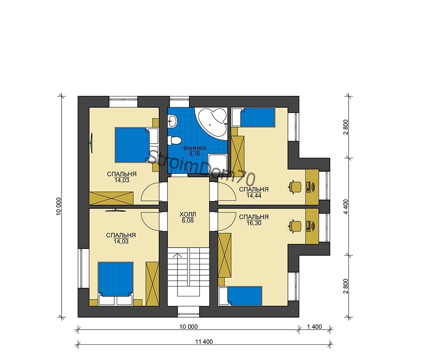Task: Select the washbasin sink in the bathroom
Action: click(172, 121)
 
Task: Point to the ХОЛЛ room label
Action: click(188, 214)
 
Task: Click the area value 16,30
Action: click(254, 223)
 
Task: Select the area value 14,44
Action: click(254, 196)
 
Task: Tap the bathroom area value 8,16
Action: click(195, 154)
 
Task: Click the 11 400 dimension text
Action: click(204, 342)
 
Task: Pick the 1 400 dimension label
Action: click(314, 327)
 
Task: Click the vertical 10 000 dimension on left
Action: click(59, 206)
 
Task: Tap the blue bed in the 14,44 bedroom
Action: click(257, 117)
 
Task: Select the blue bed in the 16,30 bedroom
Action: click(244, 296)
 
